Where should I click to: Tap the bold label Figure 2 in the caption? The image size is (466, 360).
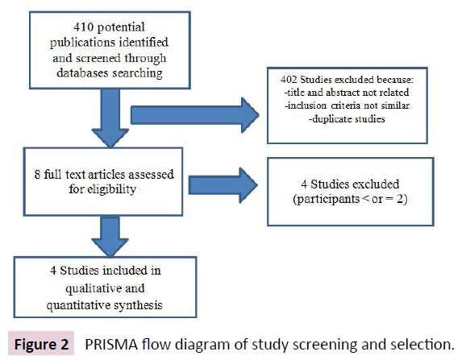click(40, 344)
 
